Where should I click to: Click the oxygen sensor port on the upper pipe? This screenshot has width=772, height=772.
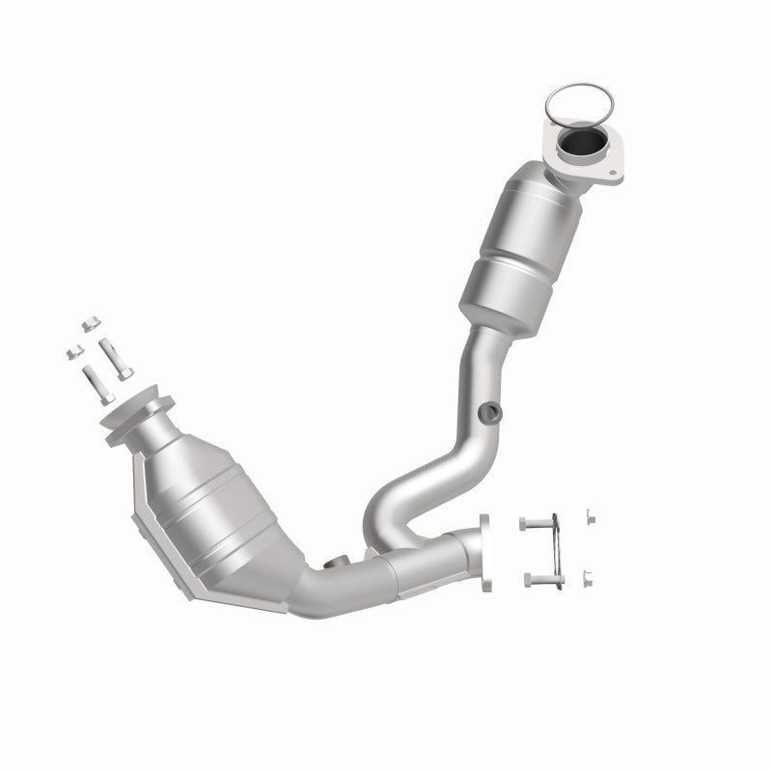tap(492, 412)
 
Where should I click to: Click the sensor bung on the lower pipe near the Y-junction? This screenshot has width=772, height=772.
tap(337, 564)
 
